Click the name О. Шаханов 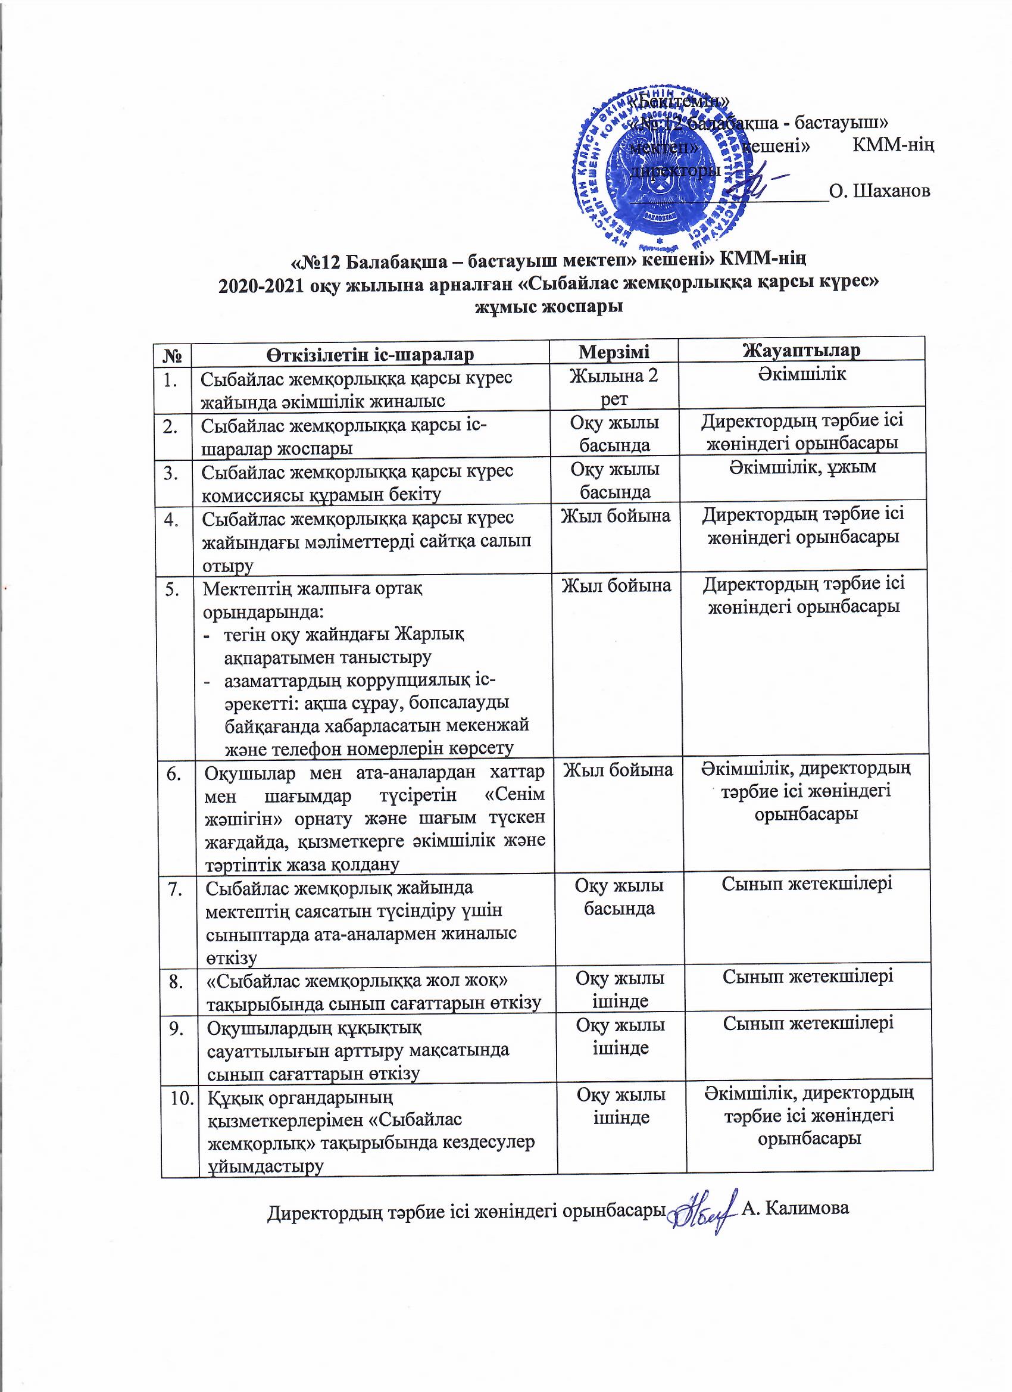(x=879, y=191)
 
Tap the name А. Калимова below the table (x=795, y=1208)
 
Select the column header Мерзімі (x=614, y=352)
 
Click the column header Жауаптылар (x=801, y=351)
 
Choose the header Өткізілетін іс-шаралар (x=370, y=354)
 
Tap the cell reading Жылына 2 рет (x=614, y=386)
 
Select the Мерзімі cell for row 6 (x=618, y=770)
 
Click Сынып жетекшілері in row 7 (x=807, y=884)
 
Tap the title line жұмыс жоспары (x=549, y=305)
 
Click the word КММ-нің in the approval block (x=894, y=146)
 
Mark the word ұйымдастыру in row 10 (x=265, y=1166)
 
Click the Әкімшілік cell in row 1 (x=801, y=374)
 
